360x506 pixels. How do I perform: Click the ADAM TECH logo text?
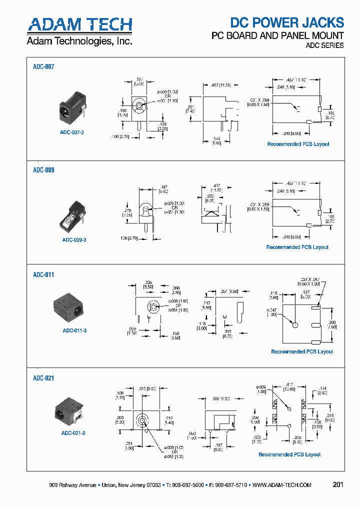[79, 24]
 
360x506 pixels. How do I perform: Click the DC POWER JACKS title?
[286, 22]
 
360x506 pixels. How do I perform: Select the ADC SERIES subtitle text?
[324, 45]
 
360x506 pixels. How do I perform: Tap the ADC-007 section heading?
[43, 66]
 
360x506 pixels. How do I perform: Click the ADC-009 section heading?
[43, 170]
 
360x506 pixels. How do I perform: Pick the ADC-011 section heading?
[43, 274]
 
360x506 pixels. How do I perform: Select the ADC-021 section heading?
[43, 378]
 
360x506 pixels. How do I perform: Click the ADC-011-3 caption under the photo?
[74, 330]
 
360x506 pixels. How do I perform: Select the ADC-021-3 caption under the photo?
[73, 432]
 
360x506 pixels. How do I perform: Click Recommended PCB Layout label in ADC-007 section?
[298, 144]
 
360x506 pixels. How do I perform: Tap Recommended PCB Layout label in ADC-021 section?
[289, 454]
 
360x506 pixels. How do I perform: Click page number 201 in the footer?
[338, 484]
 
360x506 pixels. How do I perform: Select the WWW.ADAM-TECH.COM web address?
[282, 485]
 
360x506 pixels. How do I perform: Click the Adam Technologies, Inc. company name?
[79, 41]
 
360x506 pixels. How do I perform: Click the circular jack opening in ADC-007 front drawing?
[138, 106]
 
